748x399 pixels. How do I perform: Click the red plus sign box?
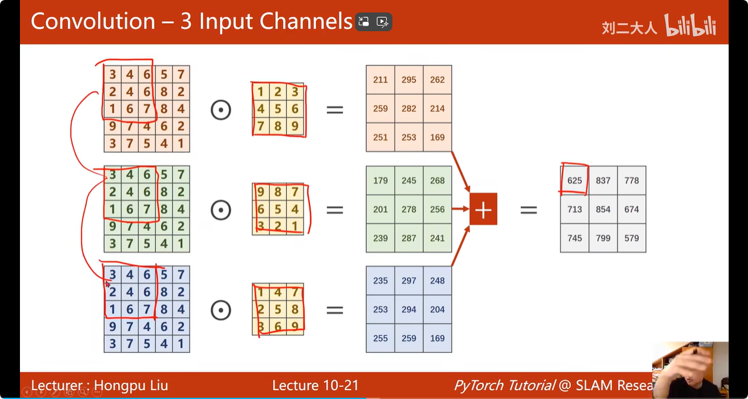pyautogui.click(x=483, y=209)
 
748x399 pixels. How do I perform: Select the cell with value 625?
pyautogui.click(x=575, y=180)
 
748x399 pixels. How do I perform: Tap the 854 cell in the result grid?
pyautogui.click(x=603, y=209)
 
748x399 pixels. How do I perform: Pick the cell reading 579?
pyautogui.click(x=631, y=238)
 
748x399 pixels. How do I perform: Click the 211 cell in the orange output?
pyautogui.click(x=380, y=80)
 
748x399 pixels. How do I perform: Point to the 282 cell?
pyautogui.click(x=409, y=109)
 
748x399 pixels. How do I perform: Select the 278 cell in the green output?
pyautogui.click(x=409, y=209)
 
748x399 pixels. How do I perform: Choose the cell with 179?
pyautogui.click(x=380, y=180)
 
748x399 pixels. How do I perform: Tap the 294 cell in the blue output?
pyautogui.click(x=409, y=309)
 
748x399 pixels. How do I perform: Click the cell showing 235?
pyautogui.click(x=380, y=280)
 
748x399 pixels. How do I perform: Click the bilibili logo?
pyautogui.click(x=691, y=26)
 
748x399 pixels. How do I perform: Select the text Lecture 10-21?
pyautogui.click(x=315, y=385)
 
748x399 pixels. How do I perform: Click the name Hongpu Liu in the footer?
pyautogui.click(x=130, y=385)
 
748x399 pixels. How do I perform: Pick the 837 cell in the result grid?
pyautogui.click(x=603, y=180)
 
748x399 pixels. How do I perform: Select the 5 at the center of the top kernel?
pyautogui.click(x=278, y=109)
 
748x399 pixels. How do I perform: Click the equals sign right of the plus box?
pyautogui.click(x=528, y=210)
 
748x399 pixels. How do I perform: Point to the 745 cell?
pyautogui.click(x=575, y=238)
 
